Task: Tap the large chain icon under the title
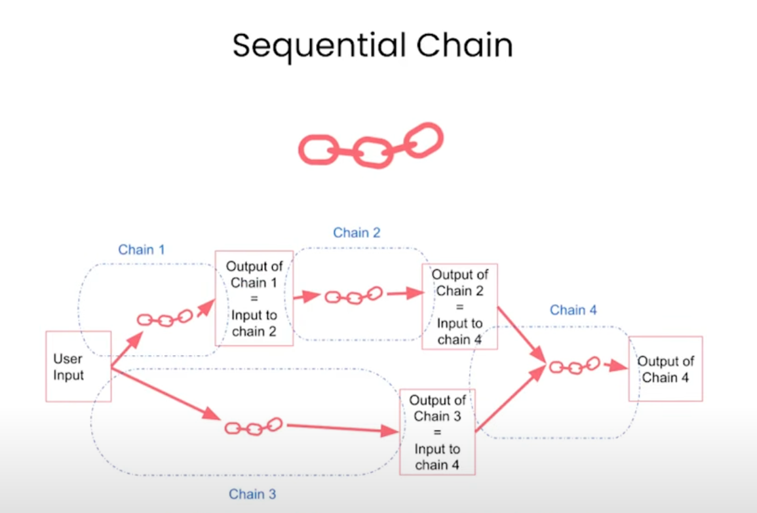click(370, 145)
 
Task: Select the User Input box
click(78, 366)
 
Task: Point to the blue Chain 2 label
click(357, 233)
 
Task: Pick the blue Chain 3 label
click(252, 494)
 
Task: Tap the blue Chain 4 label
click(573, 310)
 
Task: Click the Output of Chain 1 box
click(254, 298)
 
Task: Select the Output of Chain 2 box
click(460, 307)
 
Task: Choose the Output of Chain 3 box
click(437, 432)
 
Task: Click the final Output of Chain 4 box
click(665, 369)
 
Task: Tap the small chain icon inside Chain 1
click(165, 318)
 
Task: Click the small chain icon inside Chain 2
click(354, 295)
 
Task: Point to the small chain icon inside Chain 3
click(253, 427)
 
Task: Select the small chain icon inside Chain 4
click(574, 366)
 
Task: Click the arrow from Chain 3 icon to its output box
click(341, 429)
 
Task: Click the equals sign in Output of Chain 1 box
click(254, 299)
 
